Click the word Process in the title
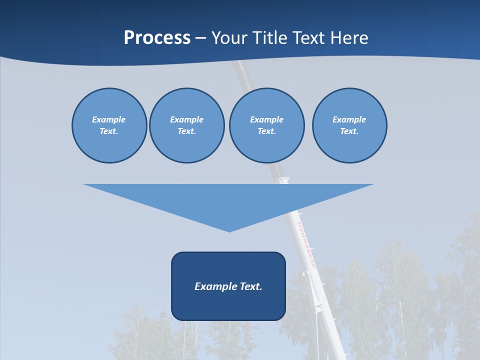157,38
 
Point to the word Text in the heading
307,38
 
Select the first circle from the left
109,145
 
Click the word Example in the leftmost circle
109,119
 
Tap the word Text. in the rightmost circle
349,131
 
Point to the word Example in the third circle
266,119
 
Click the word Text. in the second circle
186,131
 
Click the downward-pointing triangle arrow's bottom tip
229,230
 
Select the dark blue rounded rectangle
228,305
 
